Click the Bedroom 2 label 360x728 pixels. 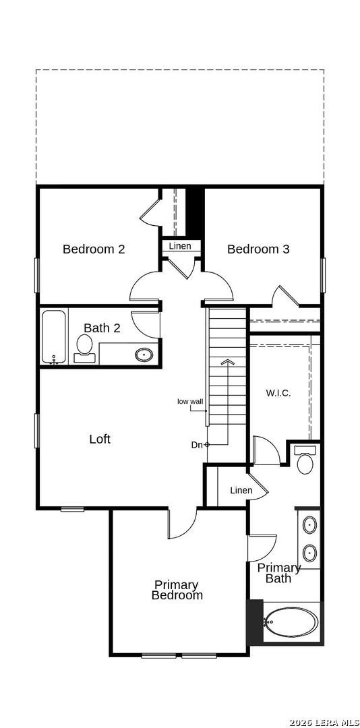click(x=94, y=249)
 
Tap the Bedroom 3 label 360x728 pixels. click(x=258, y=249)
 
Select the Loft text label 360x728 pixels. click(x=100, y=439)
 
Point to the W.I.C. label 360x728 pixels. click(x=278, y=393)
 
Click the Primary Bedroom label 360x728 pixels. click(x=177, y=590)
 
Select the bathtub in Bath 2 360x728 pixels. click(x=55, y=336)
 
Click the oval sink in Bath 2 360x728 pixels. click(x=144, y=355)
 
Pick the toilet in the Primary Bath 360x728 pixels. click(x=305, y=460)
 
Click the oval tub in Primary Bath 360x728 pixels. click(x=292, y=622)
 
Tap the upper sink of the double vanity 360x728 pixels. click(x=310, y=526)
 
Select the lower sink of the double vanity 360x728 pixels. click(x=310, y=553)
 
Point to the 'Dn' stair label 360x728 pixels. click(x=197, y=445)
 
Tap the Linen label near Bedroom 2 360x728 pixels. click(x=180, y=246)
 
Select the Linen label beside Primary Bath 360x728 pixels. click(x=241, y=490)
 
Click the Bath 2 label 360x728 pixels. click(x=102, y=328)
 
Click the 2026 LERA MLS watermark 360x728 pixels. click(x=324, y=723)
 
